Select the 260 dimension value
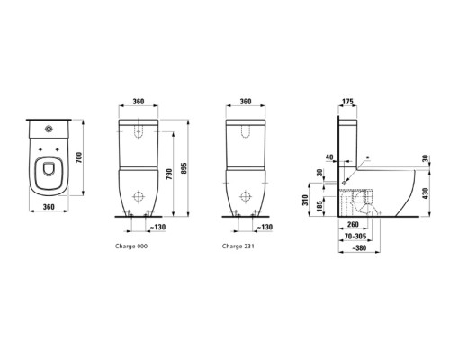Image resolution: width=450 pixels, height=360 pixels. click(x=353, y=226)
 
